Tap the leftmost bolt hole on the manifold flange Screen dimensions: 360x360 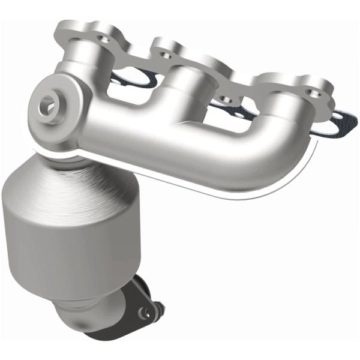tap(103, 38)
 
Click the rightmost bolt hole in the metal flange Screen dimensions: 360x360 tap(310, 92)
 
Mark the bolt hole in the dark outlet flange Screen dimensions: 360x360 tap(142, 313)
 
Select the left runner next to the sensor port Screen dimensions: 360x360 tap(90, 66)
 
